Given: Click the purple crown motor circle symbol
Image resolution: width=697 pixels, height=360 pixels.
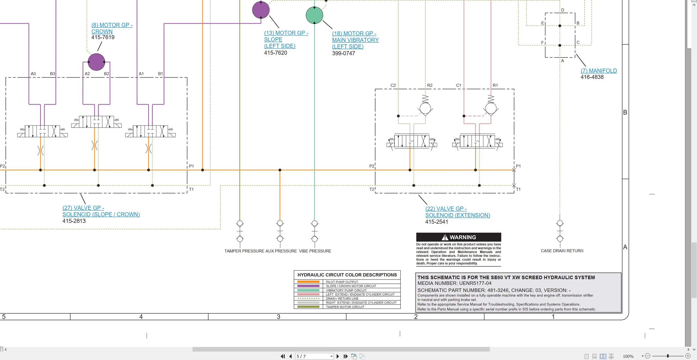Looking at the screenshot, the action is click(96, 62).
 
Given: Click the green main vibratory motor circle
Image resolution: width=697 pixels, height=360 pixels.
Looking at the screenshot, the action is click(314, 15).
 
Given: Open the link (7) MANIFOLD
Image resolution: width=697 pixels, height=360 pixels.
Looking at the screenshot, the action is click(599, 71).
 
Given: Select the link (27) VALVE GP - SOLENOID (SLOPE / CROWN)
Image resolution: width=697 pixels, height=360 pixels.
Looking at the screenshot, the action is click(101, 211).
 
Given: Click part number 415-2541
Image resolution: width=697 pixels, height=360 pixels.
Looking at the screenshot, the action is click(437, 222).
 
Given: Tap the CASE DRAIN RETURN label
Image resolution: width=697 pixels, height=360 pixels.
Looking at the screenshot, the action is click(562, 251).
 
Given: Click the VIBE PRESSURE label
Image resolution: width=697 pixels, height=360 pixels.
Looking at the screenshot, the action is click(315, 251).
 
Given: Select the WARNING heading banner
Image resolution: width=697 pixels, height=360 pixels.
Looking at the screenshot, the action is click(458, 237).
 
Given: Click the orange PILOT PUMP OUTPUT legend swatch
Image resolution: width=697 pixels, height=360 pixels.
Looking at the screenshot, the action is click(308, 282).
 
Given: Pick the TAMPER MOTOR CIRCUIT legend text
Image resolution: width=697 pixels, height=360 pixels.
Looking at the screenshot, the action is click(345, 307).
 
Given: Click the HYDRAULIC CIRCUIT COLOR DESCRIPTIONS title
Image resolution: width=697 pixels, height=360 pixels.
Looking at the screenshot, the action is click(347, 275).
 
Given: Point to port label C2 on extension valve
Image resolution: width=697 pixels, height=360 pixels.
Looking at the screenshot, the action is click(393, 85).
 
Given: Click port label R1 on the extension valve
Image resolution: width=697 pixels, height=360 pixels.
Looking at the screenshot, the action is click(495, 85).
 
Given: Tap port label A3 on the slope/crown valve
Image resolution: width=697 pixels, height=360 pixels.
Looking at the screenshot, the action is click(33, 74).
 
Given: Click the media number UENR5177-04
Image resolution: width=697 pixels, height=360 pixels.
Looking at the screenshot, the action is click(475, 283).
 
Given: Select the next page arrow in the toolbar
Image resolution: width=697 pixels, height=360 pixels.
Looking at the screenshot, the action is click(338, 356).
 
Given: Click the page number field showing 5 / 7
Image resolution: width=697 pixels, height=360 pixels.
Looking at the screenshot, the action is click(314, 356).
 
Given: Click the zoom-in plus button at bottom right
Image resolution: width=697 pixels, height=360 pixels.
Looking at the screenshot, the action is click(688, 356).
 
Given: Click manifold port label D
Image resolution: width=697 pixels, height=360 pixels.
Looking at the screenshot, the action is click(563, 10).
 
